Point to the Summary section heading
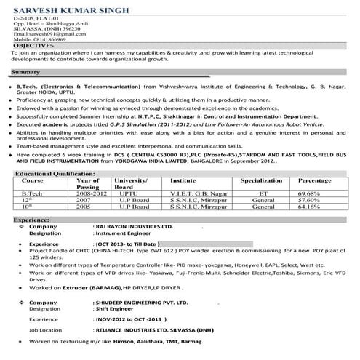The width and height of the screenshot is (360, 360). tap(26, 73)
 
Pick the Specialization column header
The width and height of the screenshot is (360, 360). tap(261, 180)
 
